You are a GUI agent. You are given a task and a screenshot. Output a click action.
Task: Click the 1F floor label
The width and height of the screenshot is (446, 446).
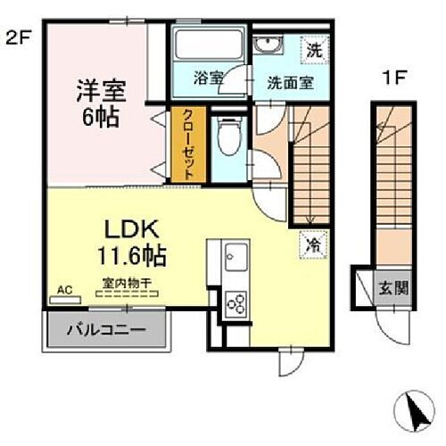tap(394, 78)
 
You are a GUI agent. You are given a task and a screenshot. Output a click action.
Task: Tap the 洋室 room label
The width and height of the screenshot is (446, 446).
tap(102, 91)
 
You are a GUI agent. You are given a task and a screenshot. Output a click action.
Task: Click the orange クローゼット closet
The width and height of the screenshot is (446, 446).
tap(190, 146)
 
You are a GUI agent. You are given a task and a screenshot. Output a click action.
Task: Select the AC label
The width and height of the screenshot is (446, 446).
tap(64, 290)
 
